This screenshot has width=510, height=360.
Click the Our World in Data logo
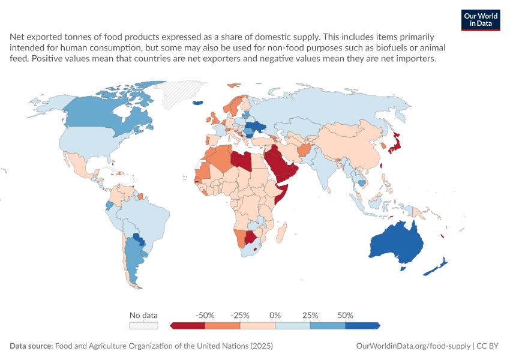click(481, 20)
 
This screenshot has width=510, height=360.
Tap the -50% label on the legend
click(205, 315)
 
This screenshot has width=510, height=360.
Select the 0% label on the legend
click(275, 315)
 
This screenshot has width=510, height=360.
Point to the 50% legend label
click(345, 315)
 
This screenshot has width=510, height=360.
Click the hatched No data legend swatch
click(143, 326)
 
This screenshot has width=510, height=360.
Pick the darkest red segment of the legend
click(188, 326)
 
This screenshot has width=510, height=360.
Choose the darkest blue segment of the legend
click(362, 326)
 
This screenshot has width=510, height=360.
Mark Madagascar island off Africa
click(281, 232)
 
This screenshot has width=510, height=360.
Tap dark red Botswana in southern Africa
click(250, 238)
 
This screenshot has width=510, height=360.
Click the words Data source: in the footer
click(31, 346)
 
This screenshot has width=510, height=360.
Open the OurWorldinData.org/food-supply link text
click(413, 346)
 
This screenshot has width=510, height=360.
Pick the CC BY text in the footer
click(487, 346)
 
